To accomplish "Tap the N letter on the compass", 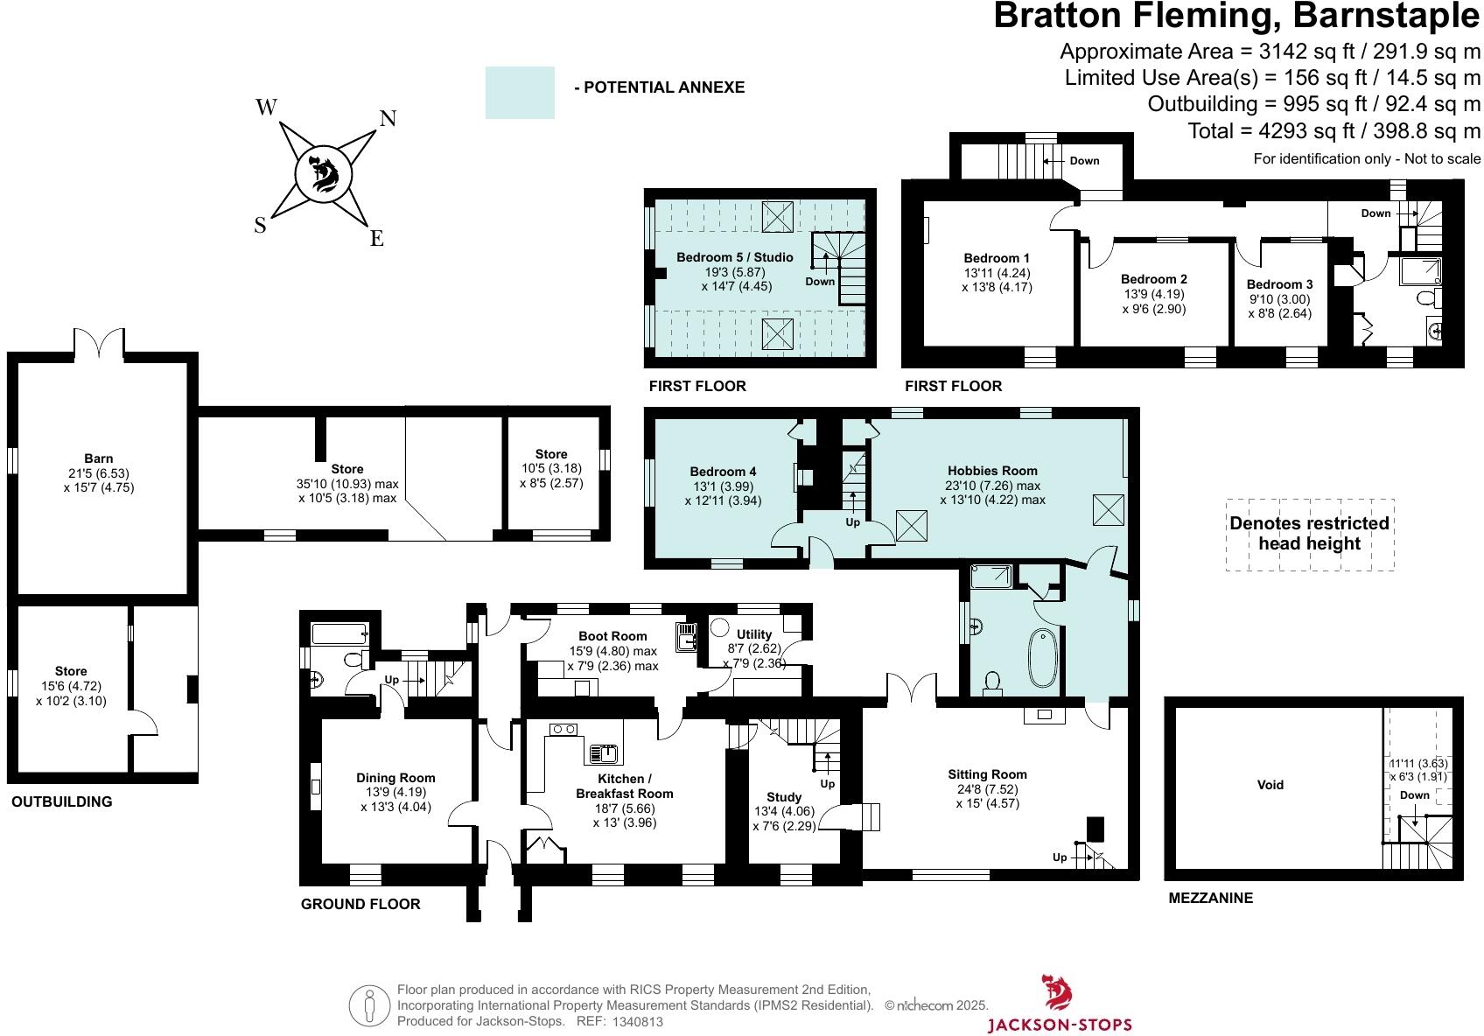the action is point(388,119).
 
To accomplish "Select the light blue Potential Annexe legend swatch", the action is point(520,93).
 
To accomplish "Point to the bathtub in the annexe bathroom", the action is point(1042,658).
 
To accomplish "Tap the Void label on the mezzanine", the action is point(1270,785).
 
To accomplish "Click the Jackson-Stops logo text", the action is point(1060,1025).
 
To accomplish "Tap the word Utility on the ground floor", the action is point(754,634).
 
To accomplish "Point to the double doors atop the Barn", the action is point(99,343).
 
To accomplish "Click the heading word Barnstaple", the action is point(1386,16).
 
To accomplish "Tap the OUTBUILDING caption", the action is point(62,801).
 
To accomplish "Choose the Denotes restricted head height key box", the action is point(1310,535).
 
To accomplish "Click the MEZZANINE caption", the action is point(1210,899).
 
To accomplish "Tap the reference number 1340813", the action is point(637,1021).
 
